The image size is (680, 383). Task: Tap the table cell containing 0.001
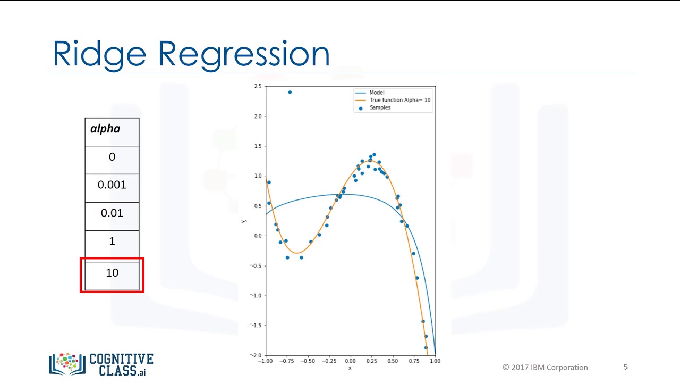pos(112,185)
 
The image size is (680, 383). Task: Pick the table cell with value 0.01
pos(112,213)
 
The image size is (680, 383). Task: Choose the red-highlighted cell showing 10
pos(112,273)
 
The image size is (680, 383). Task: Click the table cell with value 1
pos(112,242)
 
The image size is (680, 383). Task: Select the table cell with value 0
pos(112,157)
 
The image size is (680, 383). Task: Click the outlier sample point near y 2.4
pos(290,93)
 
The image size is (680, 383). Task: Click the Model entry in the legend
pos(377,93)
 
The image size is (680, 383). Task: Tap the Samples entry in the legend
pos(380,107)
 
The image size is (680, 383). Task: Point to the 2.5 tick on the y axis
pos(258,86)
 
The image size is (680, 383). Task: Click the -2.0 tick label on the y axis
pos(256,355)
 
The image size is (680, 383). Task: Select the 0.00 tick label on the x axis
pos(350,361)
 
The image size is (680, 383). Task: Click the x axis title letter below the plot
pos(350,368)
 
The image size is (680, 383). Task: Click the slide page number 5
pos(626,367)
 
